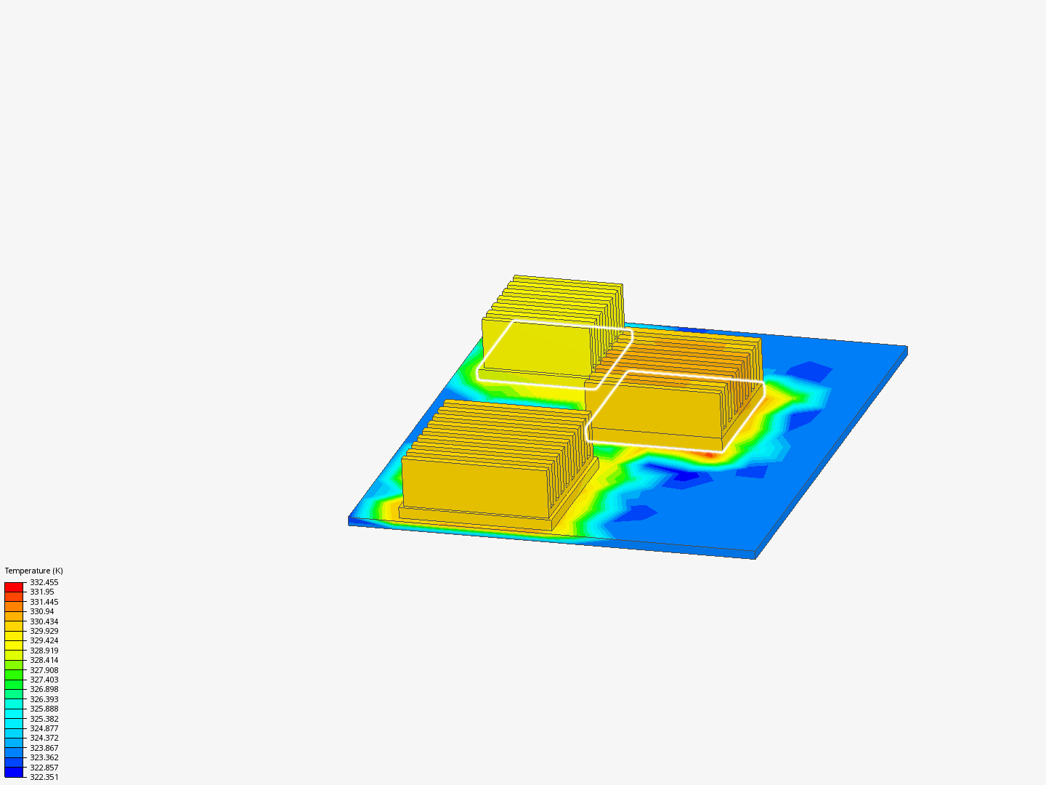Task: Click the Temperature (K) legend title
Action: [33, 571]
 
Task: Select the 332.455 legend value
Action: [44, 582]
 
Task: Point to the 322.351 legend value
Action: [44, 777]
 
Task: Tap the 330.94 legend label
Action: [41, 611]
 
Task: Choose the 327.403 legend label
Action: [44, 680]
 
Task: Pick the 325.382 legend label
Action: [44, 719]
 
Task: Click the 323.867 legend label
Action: [44, 748]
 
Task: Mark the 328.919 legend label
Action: [44, 651]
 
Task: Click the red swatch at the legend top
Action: [14, 587]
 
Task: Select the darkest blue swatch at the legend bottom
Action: [14, 772]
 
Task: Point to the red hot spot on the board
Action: [708, 455]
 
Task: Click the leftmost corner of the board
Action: [350, 520]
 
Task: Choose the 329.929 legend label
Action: [44, 631]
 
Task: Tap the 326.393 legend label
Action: [44, 699]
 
